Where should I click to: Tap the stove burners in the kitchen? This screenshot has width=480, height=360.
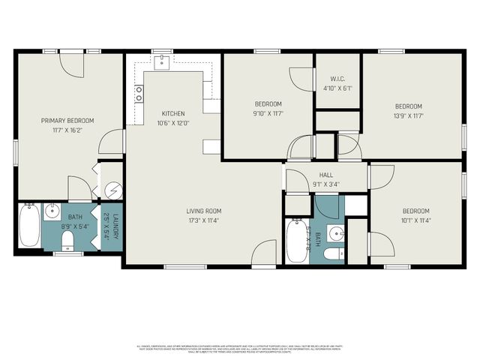point(139,94)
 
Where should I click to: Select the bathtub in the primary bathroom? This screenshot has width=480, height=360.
point(29,225)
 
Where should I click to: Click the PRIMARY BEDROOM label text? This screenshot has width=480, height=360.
point(67,121)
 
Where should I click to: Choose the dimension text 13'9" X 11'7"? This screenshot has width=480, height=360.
point(409,115)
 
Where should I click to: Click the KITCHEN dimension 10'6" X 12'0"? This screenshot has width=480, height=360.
point(173,124)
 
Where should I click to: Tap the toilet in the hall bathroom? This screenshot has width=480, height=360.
point(331,253)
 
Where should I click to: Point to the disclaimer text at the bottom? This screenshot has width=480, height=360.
point(240,348)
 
